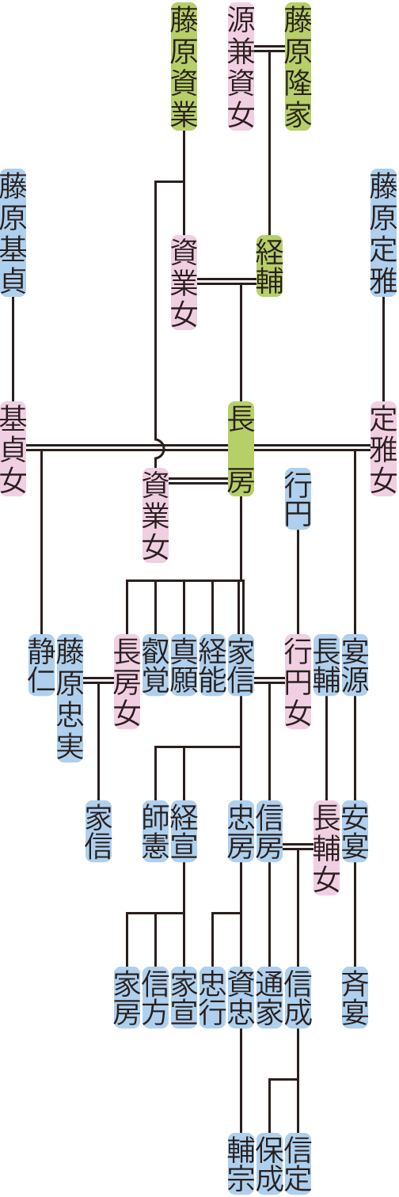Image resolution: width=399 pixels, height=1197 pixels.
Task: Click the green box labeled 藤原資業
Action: pos(184,66)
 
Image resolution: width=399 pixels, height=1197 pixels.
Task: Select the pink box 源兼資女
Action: pos(241,66)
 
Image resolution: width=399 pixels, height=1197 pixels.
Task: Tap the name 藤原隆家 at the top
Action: pos(298,66)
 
